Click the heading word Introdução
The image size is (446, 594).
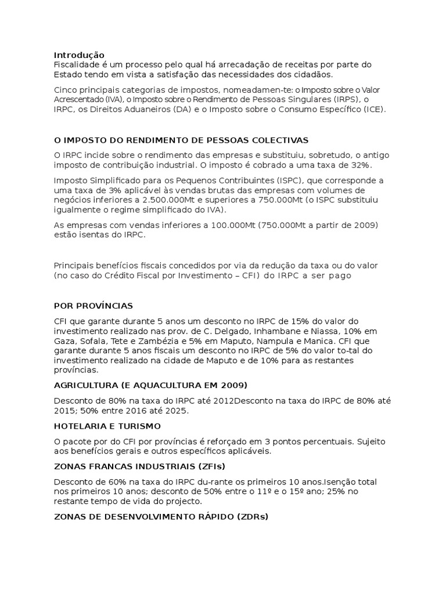[x=79, y=55]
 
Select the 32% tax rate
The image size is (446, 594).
[x=361, y=165]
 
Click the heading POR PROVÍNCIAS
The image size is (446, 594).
[x=93, y=305]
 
